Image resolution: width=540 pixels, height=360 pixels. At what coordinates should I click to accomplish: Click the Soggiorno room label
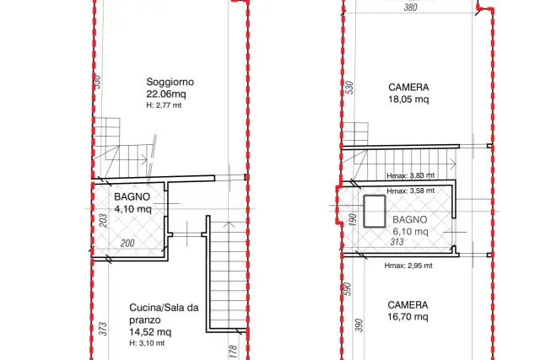pyautogui.click(x=170, y=82)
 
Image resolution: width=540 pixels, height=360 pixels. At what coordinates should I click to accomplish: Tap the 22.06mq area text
pyautogui.click(x=166, y=94)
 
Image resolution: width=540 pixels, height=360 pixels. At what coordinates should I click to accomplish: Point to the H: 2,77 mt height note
pyautogui.click(x=164, y=105)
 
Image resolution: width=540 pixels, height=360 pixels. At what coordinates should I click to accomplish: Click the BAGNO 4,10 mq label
pyautogui.click(x=132, y=202)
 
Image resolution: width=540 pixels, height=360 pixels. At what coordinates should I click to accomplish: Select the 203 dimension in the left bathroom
pyautogui.click(x=103, y=221)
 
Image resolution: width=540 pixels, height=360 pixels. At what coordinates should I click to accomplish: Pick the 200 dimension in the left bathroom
pyautogui.click(x=127, y=243)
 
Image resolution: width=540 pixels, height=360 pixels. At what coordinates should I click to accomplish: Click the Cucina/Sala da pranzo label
pyautogui.click(x=164, y=314)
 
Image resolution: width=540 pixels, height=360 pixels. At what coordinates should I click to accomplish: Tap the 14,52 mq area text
pyautogui.click(x=150, y=332)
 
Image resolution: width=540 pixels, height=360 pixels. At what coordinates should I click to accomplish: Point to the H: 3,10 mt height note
pyautogui.click(x=147, y=343)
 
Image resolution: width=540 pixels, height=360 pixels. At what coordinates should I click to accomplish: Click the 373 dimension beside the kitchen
pyautogui.click(x=103, y=329)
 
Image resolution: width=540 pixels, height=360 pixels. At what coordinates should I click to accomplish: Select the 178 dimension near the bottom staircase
pyautogui.click(x=233, y=352)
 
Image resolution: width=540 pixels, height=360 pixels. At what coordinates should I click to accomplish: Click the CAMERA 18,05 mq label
pyautogui.click(x=408, y=94)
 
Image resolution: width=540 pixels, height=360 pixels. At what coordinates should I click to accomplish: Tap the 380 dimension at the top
pyautogui.click(x=411, y=8)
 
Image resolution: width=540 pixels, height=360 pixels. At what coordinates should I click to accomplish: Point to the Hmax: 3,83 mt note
pyautogui.click(x=411, y=175)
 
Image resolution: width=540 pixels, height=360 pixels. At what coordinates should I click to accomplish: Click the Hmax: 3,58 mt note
pyautogui.click(x=411, y=191)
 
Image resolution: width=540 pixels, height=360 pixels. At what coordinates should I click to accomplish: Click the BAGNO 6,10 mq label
pyautogui.click(x=410, y=225)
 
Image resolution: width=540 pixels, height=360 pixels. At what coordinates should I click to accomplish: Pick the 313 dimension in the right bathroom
pyautogui.click(x=397, y=242)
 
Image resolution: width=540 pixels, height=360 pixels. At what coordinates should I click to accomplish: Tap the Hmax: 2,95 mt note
pyautogui.click(x=408, y=266)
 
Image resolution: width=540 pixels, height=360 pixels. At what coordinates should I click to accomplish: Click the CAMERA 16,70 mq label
pyautogui.click(x=408, y=311)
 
